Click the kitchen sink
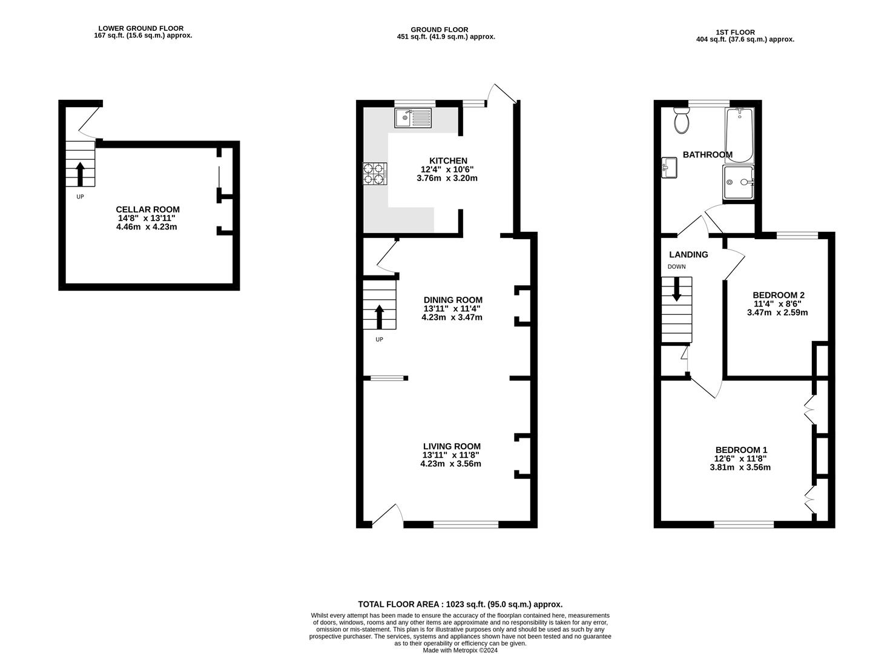[413, 117]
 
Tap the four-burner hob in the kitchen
[374, 174]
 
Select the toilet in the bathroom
[681, 121]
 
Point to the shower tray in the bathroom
[739, 182]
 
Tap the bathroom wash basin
[669, 168]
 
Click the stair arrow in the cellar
[80, 173]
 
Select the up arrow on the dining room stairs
[380, 316]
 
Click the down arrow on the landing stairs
[676, 289]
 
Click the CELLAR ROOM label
[148, 210]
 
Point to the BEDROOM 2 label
[778, 295]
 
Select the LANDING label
[688, 254]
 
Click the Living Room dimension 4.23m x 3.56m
[450, 464]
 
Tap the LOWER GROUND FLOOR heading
[140, 28]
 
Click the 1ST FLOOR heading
[735, 32]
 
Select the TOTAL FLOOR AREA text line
[460, 604]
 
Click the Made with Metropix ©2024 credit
[460, 650]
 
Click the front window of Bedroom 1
[743, 524]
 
